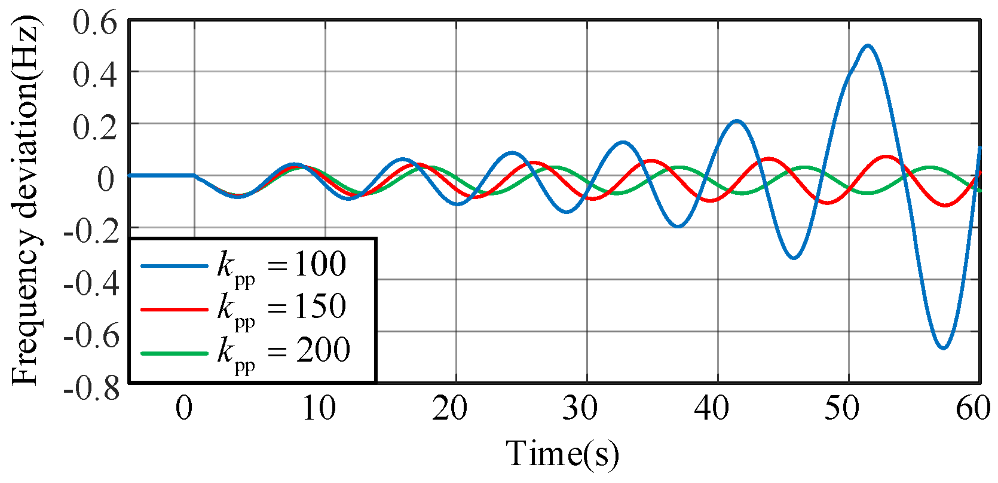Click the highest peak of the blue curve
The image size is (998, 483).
click(x=868, y=45)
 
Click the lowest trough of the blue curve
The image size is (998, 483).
click(x=943, y=348)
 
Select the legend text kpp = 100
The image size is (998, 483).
click(x=281, y=264)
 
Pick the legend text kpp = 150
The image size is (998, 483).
click(x=281, y=307)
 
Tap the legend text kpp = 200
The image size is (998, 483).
click(x=283, y=350)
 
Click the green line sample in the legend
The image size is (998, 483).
click(x=174, y=353)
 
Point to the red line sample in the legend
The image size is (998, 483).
click(x=174, y=310)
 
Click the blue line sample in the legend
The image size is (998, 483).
click(x=174, y=266)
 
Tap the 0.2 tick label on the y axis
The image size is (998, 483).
click(x=96, y=127)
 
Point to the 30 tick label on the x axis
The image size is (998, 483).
click(x=580, y=409)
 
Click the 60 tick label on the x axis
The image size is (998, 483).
click(x=973, y=409)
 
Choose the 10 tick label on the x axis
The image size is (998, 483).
click(x=318, y=409)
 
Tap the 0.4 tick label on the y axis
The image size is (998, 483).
click(x=96, y=75)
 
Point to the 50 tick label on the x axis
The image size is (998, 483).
click(x=842, y=409)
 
